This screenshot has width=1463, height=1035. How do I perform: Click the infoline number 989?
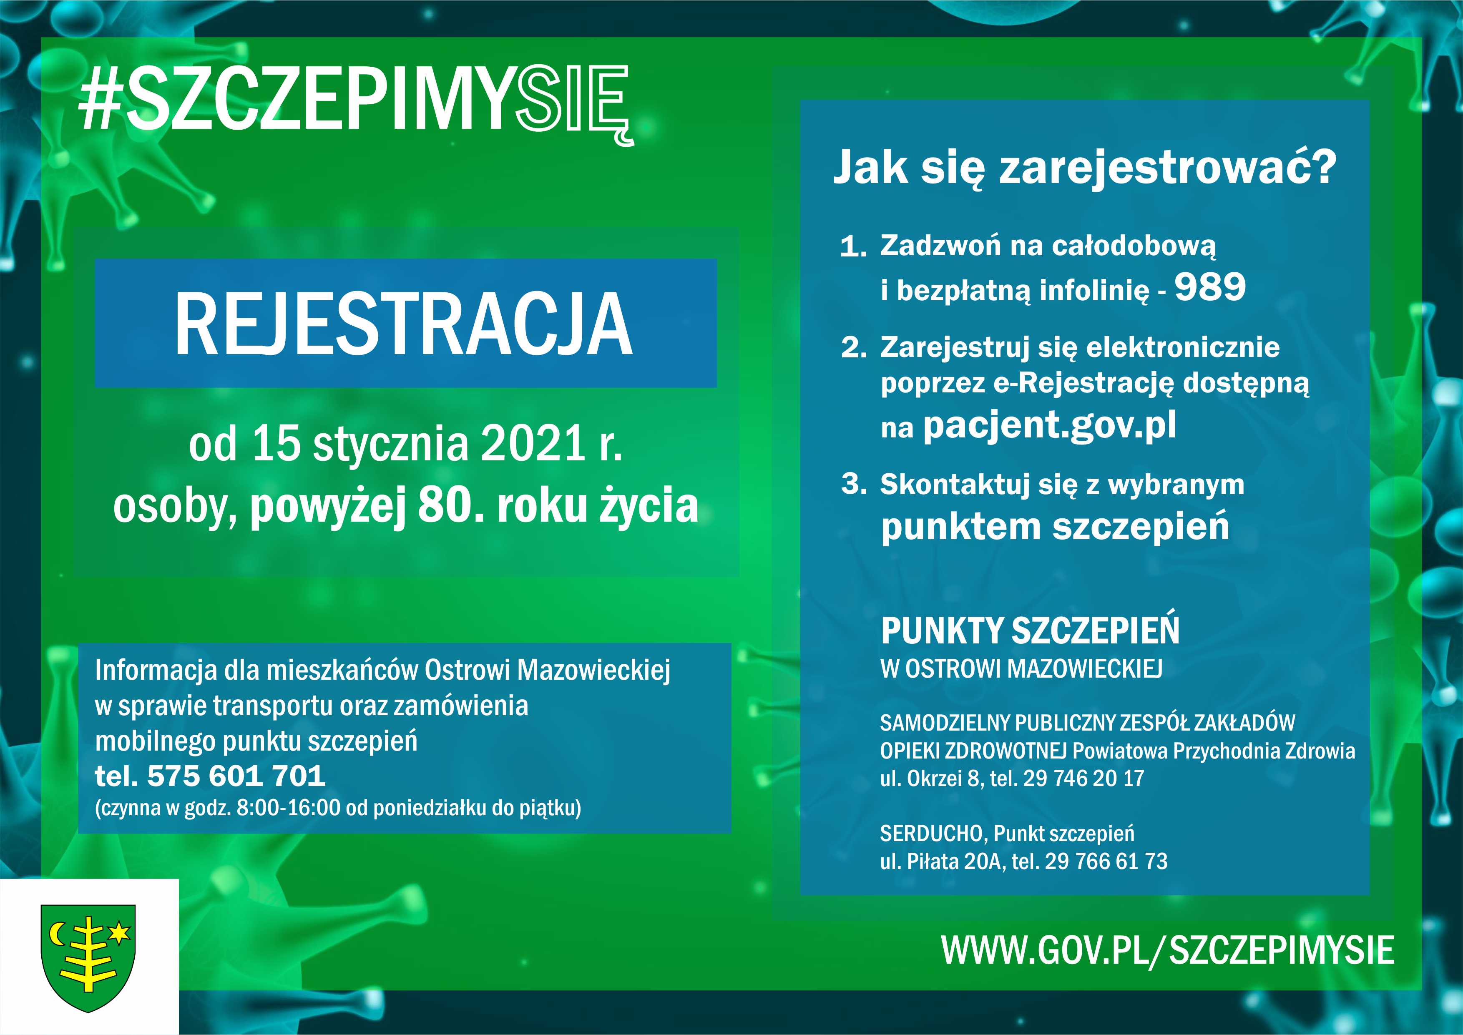click(1210, 287)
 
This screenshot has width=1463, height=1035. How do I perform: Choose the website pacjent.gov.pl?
click(1049, 425)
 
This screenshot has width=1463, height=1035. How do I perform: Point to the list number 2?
click(854, 348)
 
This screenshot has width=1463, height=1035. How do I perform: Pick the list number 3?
click(854, 485)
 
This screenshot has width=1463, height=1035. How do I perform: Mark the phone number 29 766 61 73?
click(1106, 862)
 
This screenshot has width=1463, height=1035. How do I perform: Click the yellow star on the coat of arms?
click(119, 933)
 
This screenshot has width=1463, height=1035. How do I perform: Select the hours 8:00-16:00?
click(289, 808)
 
